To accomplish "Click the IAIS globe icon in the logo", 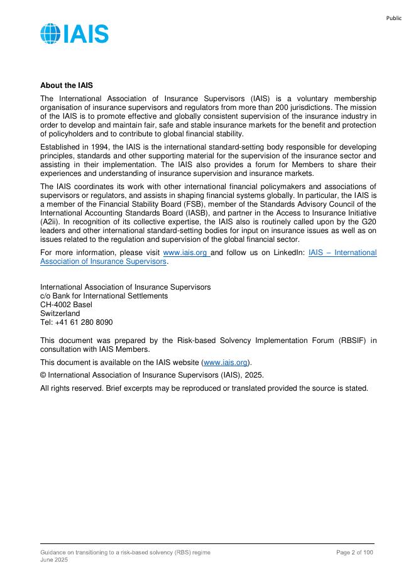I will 50,33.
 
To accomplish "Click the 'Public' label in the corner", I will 393,18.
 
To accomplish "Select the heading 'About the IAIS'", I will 67,85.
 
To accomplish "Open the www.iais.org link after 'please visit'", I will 185,253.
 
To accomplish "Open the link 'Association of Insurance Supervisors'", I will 104,261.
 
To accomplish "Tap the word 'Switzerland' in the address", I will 60,313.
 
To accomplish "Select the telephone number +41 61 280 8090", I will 84,322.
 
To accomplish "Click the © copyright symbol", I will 43,375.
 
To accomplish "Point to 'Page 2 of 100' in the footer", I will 355,552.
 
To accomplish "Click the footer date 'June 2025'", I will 54,560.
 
